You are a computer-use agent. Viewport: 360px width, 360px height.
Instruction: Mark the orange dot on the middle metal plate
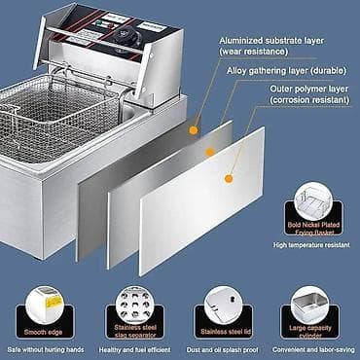point(208,152)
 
